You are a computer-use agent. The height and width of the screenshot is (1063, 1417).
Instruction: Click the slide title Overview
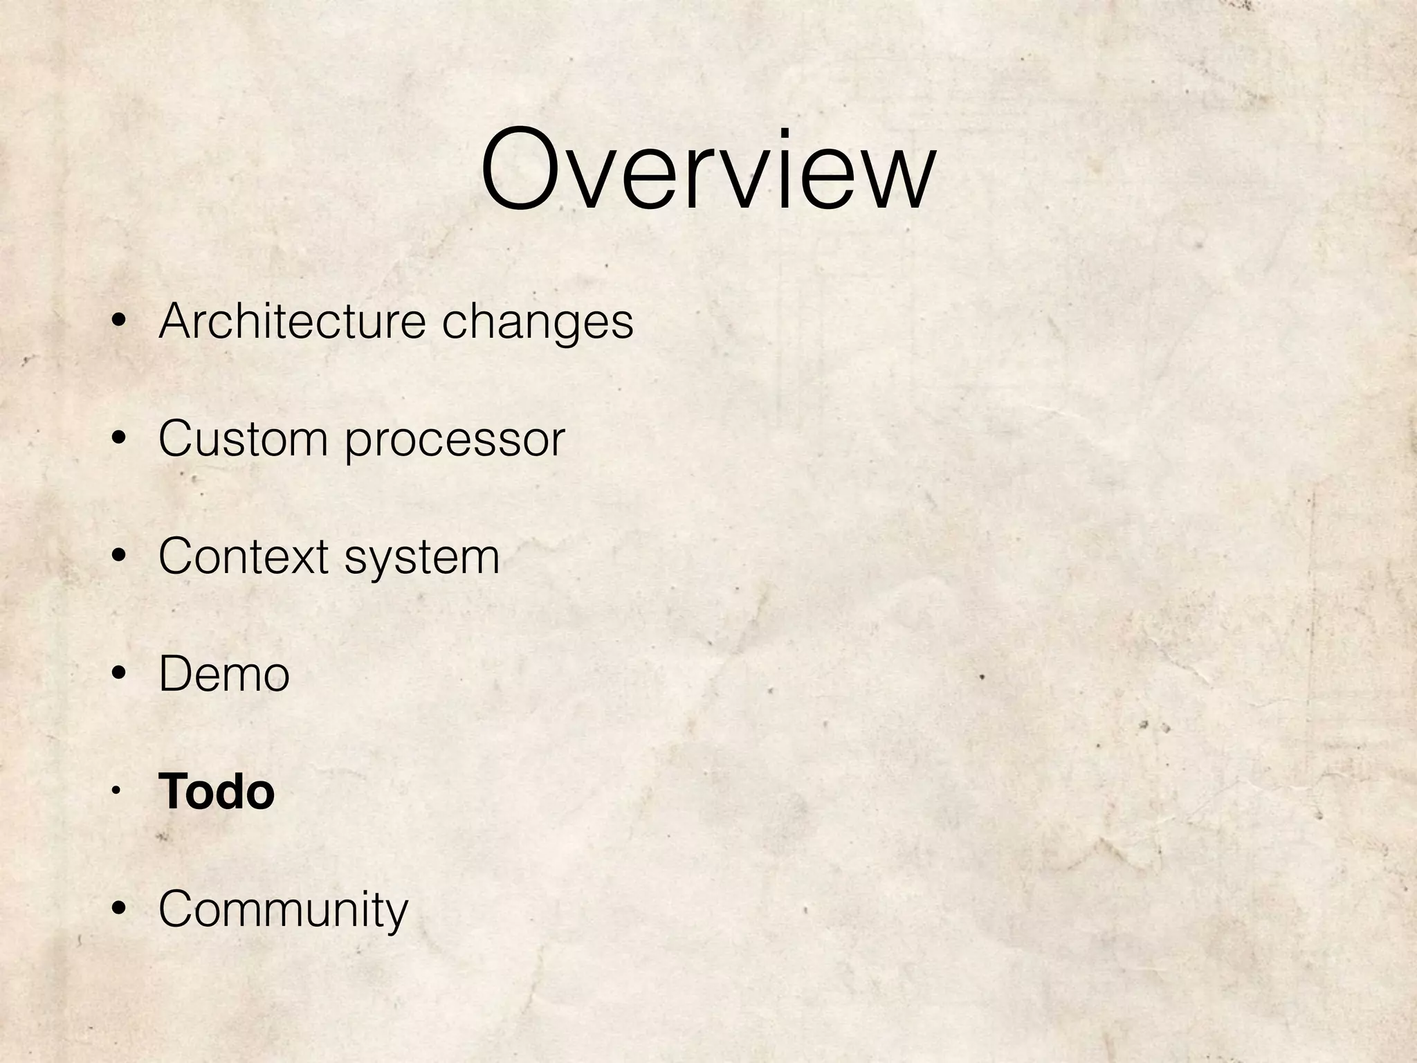[708, 169]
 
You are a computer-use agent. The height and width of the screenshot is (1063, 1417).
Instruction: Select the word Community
[283, 911]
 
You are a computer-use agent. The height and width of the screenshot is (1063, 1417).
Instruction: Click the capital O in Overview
[524, 169]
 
